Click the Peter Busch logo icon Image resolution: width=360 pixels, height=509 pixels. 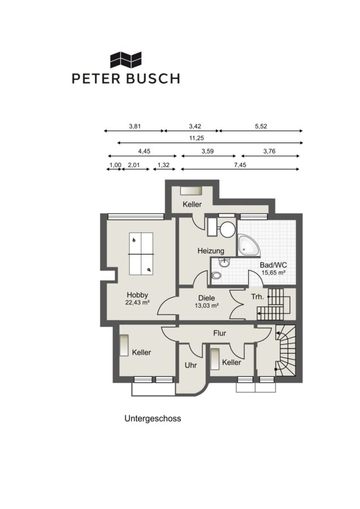pyautogui.click(x=126, y=60)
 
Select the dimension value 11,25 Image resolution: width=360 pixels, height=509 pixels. pyautogui.click(x=196, y=138)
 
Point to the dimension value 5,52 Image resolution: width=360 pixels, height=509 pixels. pyautogui.click(x=261, y=126)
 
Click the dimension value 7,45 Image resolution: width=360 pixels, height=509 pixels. pyautogui.click(x=240, y=165)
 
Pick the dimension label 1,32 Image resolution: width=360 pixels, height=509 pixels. pyautogui.click(x=164, y=165)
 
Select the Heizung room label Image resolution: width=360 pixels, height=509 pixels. pyautogui.click(x=211, y=251)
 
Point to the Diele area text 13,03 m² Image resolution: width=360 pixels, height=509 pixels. pyautogui.click(x=206, y=305)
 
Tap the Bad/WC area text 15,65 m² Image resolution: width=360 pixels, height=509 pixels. pyautogui.click(x=273, y=273)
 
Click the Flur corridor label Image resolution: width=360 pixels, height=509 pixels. pyautogui.click(x=220, y=333)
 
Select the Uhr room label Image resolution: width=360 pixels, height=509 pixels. pyautogui.click(x=191, y=365)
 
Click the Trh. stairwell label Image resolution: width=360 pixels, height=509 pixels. pyautogui.click(x=258, y=297)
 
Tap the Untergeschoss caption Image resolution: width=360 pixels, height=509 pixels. pyautogui.click(x=153, y=419)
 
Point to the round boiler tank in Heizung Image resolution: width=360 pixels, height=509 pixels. pyautogui.click(x=228, y=230)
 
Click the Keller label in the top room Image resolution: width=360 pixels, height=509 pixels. pyautogui.click(x=192, y=205)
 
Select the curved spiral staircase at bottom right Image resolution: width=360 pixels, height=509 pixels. pyautogui.click(x=286, y=351)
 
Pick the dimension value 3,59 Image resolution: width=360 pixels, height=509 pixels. pyautogui.click(x=208, y=151)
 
